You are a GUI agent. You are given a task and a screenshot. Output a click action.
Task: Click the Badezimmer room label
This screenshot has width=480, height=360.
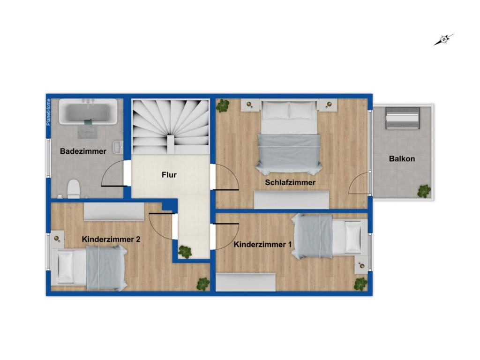pyautogui.click(x=83, y=151)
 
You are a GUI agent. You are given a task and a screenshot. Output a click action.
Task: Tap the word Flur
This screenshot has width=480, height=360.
pyautogui.click(x=169, y=175)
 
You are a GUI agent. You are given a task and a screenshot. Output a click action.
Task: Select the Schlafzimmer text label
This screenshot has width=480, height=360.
pyautogui.click(x=290, y=182)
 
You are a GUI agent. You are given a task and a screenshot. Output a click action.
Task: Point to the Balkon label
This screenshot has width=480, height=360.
pyautogui.click(x=402, y=159)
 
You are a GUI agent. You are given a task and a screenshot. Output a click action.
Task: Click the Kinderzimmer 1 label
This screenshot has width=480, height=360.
pyautogui.click(x=262, y=244)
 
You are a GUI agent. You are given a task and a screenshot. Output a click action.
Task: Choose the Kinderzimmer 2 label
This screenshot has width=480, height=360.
pyautogui.click(x=111, y=239)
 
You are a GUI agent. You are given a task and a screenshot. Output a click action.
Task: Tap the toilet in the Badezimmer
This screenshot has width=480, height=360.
pyautogui.click(x=74, y=188)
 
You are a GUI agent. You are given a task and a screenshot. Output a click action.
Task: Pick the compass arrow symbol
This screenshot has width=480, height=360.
pyautogui.click(x=443, y=40)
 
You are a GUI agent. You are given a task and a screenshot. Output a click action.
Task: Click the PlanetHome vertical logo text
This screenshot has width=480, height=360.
pyautogui.click(x=48, y=112)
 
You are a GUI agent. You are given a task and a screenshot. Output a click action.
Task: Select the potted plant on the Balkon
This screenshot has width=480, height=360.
pyautogui.click(x=424, y=191)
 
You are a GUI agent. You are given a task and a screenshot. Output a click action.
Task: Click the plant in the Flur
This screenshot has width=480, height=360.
pyautogui.click(x=185, y=252)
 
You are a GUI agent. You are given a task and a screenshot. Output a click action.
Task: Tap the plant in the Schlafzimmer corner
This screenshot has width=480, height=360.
pyautogui.click(x=223, y=105)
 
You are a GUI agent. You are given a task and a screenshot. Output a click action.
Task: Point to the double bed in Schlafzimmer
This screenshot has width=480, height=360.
pyautogui.click(x=289, y=137)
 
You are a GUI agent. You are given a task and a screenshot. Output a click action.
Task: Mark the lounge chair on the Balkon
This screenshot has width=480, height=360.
pyautogui.click(x=402, y=118)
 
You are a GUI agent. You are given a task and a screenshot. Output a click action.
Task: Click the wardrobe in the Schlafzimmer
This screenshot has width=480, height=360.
pyautogui.click(x=291, y=200)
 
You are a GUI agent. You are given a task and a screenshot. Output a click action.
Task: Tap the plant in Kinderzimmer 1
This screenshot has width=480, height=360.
pyautogui.click(x=360, y=284)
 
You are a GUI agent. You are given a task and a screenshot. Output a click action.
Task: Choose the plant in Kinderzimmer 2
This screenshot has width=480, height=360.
pyautogui.click(x=203, y=284)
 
